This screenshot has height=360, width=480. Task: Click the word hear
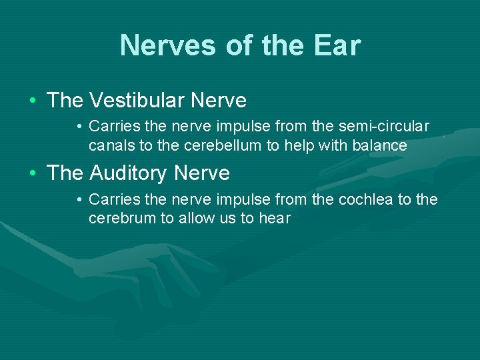pyautogui.click(x=275, y=219)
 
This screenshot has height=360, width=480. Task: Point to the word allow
pyautogui.click(x=198, y=219)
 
